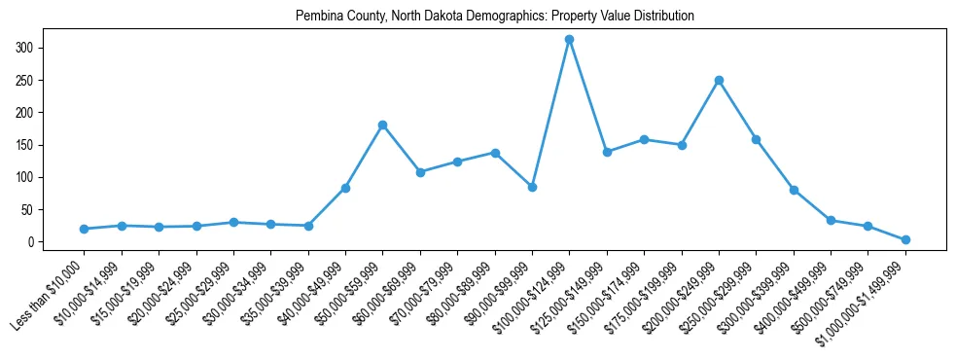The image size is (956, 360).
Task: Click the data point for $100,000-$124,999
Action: pos(569,40)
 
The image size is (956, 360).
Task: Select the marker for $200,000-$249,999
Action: pos(719,81)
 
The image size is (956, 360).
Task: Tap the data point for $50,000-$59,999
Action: pos(382,126)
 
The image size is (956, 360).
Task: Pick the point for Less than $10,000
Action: pos(84,229)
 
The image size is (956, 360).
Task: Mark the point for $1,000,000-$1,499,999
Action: pos(905,239)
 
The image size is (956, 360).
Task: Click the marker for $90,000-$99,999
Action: pos(532,187)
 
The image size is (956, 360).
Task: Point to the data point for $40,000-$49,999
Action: pos(345,188)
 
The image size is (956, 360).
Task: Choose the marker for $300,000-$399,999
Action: pos(794,190)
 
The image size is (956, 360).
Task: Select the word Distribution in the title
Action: pos(664,17)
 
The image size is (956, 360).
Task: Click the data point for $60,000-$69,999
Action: pos(420,172)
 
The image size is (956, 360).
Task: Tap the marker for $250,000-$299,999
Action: pos(756,139)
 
